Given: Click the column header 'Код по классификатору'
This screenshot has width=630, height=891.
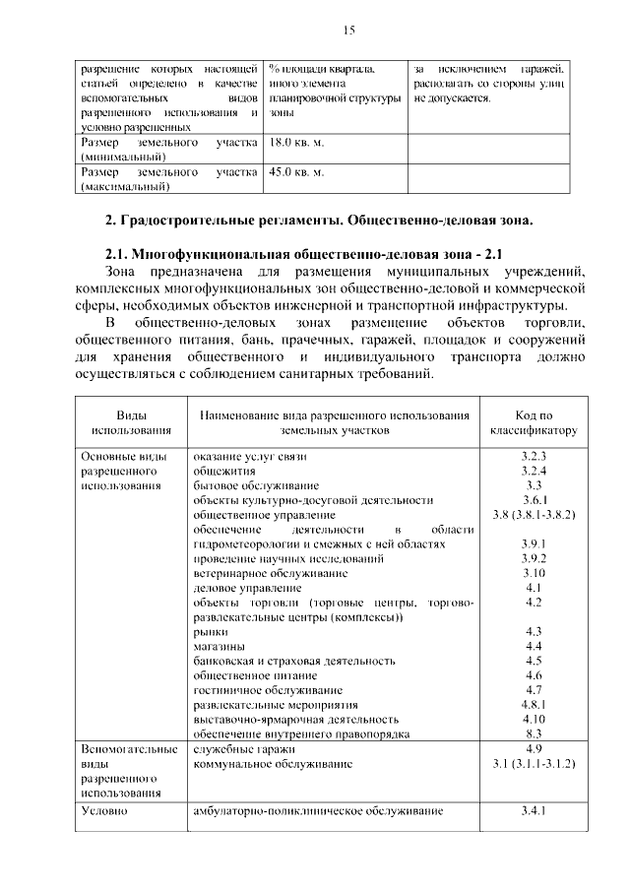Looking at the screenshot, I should [x=534, y=423].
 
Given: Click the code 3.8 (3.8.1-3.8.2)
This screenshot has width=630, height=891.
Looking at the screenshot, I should [x=534, y=514].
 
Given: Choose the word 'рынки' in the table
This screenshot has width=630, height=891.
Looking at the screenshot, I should [x=211, y=631].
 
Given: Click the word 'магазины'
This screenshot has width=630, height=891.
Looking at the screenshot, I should [x=219, y=646].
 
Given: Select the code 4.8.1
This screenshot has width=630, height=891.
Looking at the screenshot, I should [x=534, y=705].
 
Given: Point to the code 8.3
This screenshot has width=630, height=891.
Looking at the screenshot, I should [x=534, y=733].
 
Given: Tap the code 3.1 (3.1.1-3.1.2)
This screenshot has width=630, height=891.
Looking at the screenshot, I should [x=534, y=763].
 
